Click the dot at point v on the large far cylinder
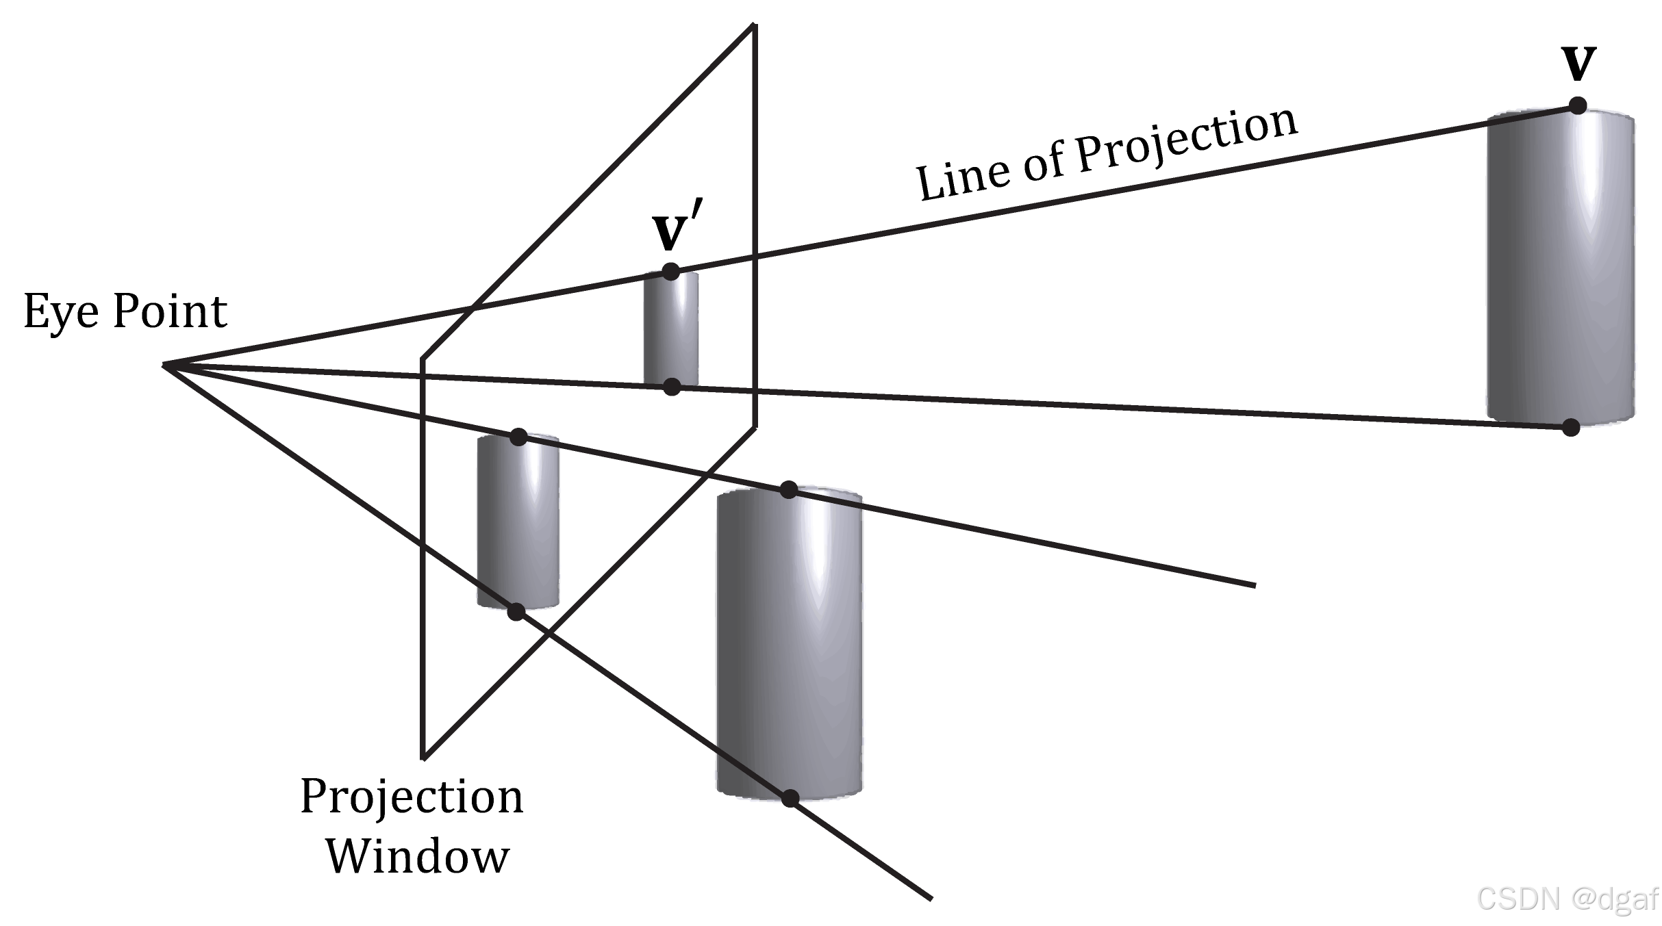(1578, 105)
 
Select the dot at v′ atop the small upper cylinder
(670, 271)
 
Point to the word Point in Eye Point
(169, 312)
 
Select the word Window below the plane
(417, 856)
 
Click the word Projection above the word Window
(412, 797)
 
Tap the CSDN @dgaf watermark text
(1567, 899)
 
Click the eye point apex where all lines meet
(164, 365)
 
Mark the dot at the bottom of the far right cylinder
(1571, 428)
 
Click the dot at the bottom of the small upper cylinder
(672, 387)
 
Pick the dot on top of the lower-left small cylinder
(518, 437)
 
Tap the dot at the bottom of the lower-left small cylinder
(516, 611)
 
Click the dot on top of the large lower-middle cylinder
(789, 490)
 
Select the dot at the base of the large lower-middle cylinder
(790, 798)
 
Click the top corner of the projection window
(754, 25)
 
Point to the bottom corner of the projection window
(424, 758)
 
